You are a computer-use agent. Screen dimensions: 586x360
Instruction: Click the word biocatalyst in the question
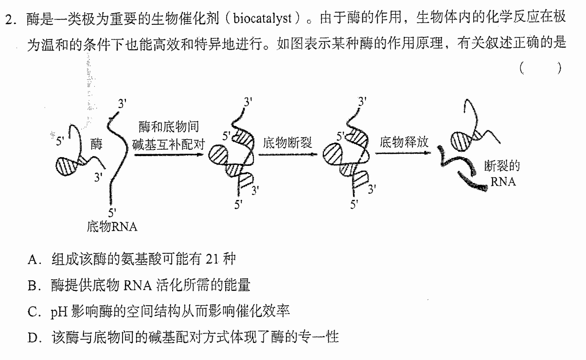click(x=263, y=18)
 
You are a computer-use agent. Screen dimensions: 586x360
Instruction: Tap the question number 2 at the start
click(x=9, y=19)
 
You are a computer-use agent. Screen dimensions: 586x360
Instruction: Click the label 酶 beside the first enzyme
click(x=96, y=144)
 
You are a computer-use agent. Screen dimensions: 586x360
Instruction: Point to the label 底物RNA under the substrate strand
click(x=112, y=227)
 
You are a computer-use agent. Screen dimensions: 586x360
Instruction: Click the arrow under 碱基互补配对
click(x=169, y=155)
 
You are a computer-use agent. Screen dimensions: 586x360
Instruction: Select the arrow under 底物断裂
click(x=288, y=154)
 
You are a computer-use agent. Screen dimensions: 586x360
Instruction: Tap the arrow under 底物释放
click(x=403, y=153)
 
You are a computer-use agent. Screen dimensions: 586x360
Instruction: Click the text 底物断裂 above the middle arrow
click(x=287, y=143)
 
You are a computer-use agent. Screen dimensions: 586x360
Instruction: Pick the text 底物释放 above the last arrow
click(x=404, y=142)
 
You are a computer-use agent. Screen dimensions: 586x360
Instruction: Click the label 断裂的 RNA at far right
click(x=502, y=174)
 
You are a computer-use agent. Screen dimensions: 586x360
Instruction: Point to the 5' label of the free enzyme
click(x=60, y=141)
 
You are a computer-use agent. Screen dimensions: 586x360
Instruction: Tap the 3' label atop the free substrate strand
click(x=122, y=104)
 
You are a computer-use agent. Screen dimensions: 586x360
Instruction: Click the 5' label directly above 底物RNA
click(x=112, y=213)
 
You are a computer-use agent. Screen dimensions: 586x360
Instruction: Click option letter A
click(x=33, y=260)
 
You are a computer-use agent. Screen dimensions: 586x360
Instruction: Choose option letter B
click(x=33, y=286)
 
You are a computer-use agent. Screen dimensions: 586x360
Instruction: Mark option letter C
click(x=33, y=312)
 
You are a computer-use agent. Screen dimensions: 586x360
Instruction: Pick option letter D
click(x=33, y=338)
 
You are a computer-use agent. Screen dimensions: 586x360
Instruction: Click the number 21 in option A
click(x=212, y=259)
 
